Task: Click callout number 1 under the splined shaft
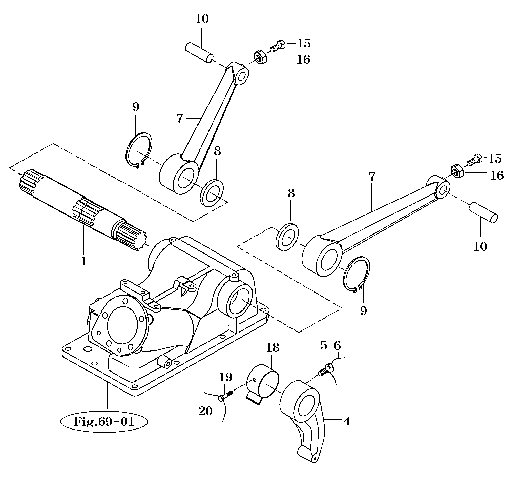pyautogui.click(x=84, y=261)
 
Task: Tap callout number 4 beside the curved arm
pyautogui.click(x=347, y=421)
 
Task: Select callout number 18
pyautogui.click(x=273, y=348)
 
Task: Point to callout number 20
pyautogui.click(x=205, y=411)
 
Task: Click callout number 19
pyautogui.click(x=225, y=377)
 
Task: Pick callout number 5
pyautogui.click(x=324, y=346)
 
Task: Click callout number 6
pyautogui.click(x=337, y=346)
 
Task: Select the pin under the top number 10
pyautogui.click(x=199, y=53)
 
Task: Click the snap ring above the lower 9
pyautogui.click(x=357, y=275)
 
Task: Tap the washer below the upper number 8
pyautogui.click(x=212, y=193)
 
